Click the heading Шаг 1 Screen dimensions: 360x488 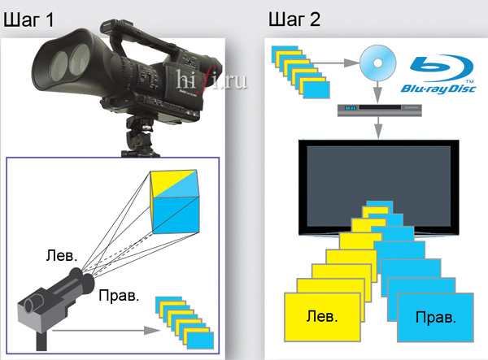point(29,20)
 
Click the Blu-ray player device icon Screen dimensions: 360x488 point(379,107)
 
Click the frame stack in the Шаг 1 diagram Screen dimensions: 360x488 point(183,320)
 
